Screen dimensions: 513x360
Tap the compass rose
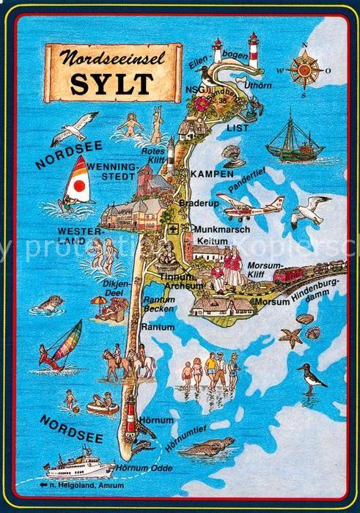(x=302, y=71)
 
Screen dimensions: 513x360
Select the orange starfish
(x=291, y=337)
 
